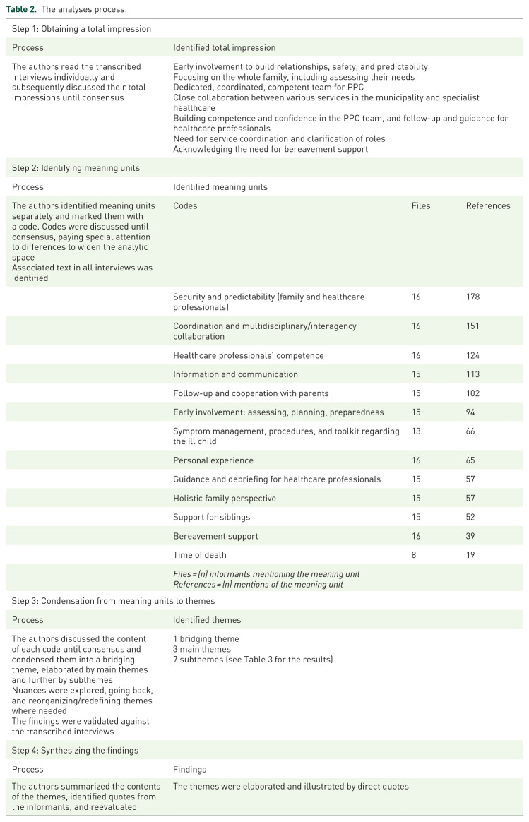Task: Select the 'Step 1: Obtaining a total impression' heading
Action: pyautogui.click(x=82, y=29)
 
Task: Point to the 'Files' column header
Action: pyautogui.click(x=421, y=206)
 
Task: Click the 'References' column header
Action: pyautogui.click(x=487, y=206)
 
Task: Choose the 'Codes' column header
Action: pyautogui.click(x=185, y=206)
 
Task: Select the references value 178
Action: pyautogui.click(x=472, y=297)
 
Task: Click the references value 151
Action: pyautogui.click(x=472, y=326)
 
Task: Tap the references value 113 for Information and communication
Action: pyautogui.click(x=472, y=374)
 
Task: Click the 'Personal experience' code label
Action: pyautogui.click(x=213, y=460)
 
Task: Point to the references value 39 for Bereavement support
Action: pyautogui.click(x=470, y=537)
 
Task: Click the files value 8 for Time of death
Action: pyautogui.click(x=414, y=556)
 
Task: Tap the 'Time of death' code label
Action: pyautogui.click(x=202, y=556)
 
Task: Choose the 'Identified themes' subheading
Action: pyautogui.click(x=207, y=620)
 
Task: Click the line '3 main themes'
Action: pyautogui.click(x=201, y=649)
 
